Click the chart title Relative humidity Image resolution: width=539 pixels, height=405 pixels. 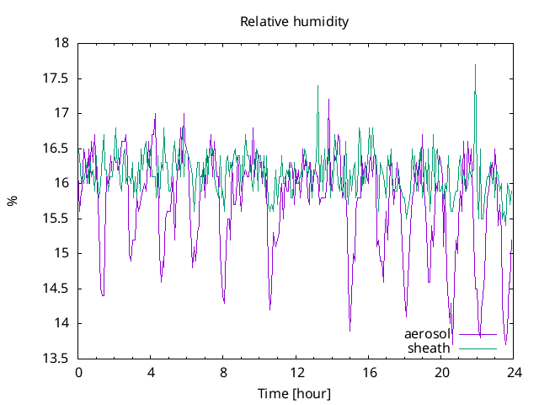pos(293,21)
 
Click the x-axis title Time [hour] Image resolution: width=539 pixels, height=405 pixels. pos(293,394)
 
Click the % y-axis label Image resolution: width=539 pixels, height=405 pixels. pos(12,201)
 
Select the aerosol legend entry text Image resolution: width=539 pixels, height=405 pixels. pos(428,334)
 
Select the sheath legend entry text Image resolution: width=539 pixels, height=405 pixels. pos(430,348)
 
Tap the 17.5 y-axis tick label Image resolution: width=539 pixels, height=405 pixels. pos(56,78)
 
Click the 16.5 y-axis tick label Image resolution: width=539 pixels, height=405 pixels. pos(56,148)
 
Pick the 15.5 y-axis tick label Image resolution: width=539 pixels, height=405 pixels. pos(56,219)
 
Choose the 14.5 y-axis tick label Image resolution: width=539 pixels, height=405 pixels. pos(56,289)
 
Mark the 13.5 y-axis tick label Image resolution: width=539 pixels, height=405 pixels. pos(56,359)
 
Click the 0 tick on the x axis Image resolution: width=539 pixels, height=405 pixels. pos(78,373)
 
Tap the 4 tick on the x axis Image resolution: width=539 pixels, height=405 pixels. pos(151,373)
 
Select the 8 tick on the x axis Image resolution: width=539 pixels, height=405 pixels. pos(223,373)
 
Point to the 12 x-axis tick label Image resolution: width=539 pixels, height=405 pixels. pos(296,373)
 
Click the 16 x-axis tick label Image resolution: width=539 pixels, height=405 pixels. pos(369,373)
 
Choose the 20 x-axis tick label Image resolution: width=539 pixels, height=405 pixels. pos(441,373)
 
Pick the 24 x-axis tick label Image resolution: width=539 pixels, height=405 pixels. pos(514,373)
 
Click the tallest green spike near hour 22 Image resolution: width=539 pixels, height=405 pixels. pos(476,65)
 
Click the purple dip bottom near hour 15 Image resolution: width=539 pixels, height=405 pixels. pos(350,330)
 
